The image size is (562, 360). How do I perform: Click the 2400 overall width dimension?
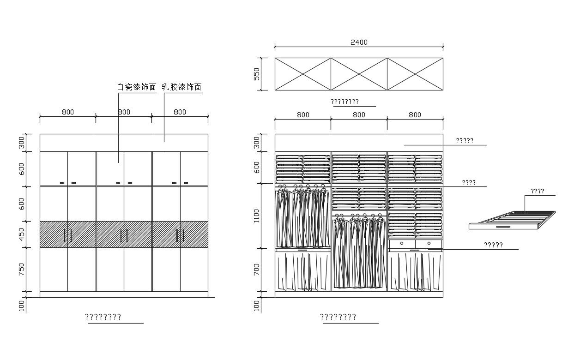[x=359, y=42]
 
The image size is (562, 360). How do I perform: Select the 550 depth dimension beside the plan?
[x=257, y=74]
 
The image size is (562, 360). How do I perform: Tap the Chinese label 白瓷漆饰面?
[x=137, y=87]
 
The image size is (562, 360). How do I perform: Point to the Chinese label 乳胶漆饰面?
[x=181, y=87]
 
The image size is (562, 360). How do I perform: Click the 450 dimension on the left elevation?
[x=22, y=234]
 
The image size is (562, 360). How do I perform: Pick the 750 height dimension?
[x=22, y=270]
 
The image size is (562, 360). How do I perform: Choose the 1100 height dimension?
[x=257, y=216]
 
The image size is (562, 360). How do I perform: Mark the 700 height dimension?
[x=257, y=270]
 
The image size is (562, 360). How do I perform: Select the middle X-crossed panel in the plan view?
[x=359, y=74]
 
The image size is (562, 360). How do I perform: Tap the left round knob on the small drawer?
[x=402, y=243]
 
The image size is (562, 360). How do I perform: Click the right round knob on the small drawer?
[x=429, y=243]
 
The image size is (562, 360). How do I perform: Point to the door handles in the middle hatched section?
[x=124, y=235]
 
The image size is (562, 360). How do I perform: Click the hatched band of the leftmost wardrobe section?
[x=67, y=234]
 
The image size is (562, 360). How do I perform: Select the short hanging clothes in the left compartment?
[x=302, y=217]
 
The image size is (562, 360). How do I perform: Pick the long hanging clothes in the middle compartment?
[x=359, y=252]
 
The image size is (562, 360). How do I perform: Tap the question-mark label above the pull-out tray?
[x=537, y=191]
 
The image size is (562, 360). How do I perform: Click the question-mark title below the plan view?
[x=344, y=102]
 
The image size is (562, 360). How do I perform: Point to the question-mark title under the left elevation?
[x=103, y=317]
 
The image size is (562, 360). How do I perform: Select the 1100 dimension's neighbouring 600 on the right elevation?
[x=257, y=167]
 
